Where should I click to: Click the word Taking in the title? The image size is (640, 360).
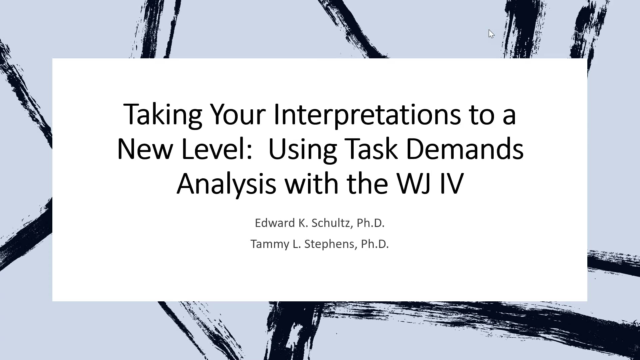click(x=163, y=115)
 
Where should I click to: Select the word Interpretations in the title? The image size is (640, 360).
click(x=367, y=115)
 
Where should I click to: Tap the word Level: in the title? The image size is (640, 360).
click(x=217, y=149)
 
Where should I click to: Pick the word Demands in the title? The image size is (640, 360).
click(x=464, y=149)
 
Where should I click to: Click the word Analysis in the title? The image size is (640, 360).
click(x=226, y=184)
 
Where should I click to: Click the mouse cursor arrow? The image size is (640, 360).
click(x=491, y=34)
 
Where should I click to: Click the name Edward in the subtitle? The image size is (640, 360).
click(x=275, y=223)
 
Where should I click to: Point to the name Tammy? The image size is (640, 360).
click(x=270, y=244)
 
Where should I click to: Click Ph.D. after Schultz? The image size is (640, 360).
click(x=370, y=223)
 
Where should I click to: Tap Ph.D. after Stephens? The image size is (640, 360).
click(x=375, y=244)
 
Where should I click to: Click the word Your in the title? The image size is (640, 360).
click(x=237, y=115)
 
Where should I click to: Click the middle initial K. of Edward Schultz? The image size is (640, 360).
click(x=303, y=223)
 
